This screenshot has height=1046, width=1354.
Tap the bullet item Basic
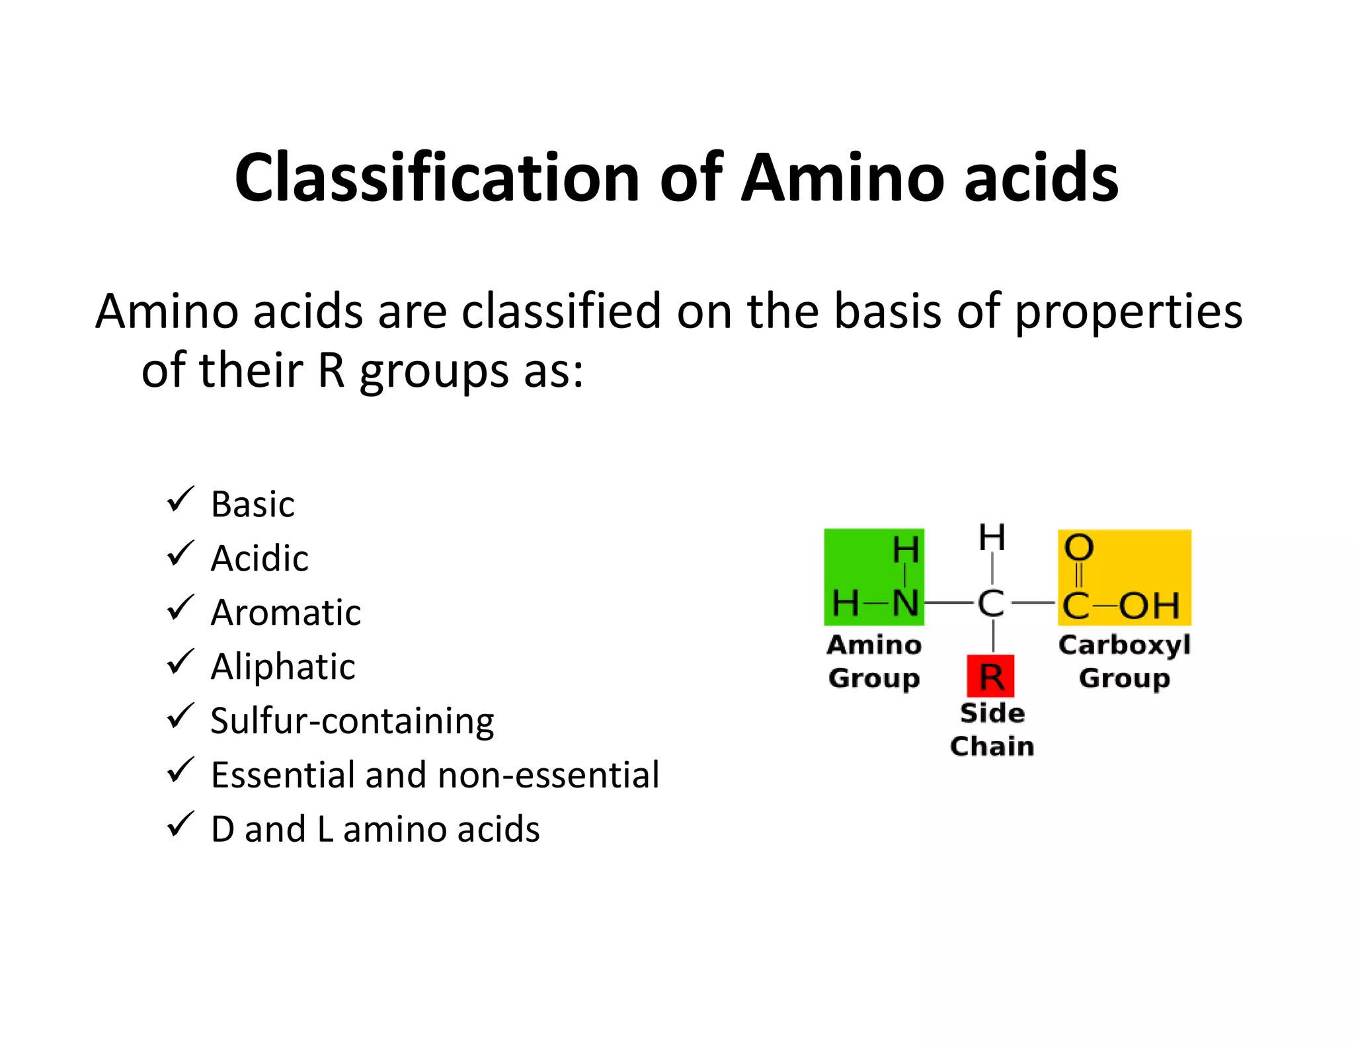pos(253,504)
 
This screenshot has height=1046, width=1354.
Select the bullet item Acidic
pos(259,559)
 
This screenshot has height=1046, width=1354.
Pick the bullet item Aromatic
pos(286,613)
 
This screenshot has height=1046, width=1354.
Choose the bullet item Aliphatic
pos(283,666)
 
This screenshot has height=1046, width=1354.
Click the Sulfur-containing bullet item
pos(352,721)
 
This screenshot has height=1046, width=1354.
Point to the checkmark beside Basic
pos(180,499)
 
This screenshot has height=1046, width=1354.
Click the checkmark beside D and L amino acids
pos(180,825)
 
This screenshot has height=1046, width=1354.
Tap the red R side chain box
pos(990,676)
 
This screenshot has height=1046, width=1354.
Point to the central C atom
pos(991,604)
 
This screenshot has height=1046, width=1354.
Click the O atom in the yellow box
pos(1079,548)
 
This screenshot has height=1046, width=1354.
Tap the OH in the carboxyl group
pos(1150,606)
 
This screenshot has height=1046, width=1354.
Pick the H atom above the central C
pos(992,538)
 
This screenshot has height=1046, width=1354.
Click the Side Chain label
pos(992,729)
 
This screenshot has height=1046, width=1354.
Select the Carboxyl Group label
pos(1125,661)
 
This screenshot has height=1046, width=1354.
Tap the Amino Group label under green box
pos(874,661)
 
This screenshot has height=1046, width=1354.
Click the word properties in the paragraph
pos(1129,312)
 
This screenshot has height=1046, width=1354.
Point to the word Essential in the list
pos(284,775)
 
